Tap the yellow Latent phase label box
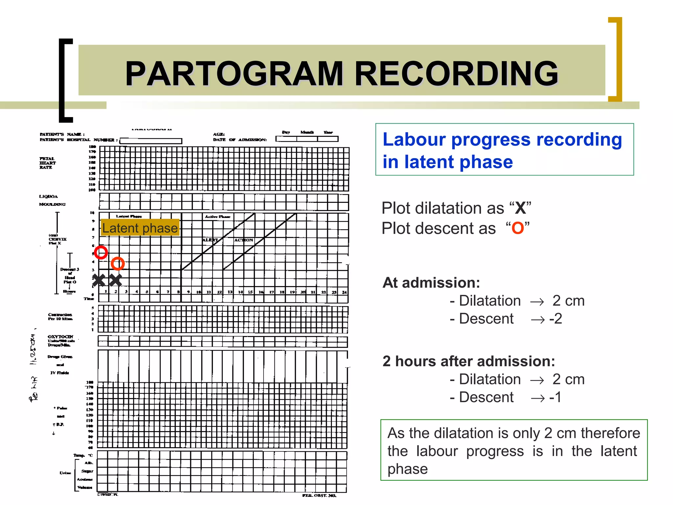pos(140,228)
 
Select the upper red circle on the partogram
pos(101,252)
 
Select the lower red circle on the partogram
pos(118,263)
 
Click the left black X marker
pos(99,280)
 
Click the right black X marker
pos(115,280)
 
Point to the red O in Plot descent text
pos(518,228)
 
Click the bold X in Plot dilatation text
pos(520,208)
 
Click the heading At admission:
pos(431,283)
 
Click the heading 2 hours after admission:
pos(469,361)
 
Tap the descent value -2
pos(556,319)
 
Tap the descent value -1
pos(555,397)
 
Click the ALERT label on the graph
pos(210,240)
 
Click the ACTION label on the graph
pos(244,240)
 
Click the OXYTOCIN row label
pos(60,337)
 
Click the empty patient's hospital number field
pos(151,141)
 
